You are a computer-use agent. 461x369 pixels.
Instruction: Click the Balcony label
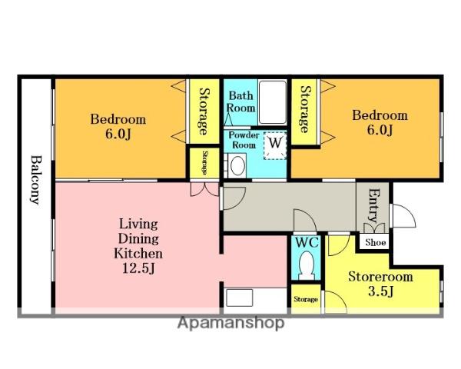[x=36, y=179]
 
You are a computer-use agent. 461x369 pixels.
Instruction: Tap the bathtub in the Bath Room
[x=273, y=101]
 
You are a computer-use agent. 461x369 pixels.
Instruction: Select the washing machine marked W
[x=275, y=145]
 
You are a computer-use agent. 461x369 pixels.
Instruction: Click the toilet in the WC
[x=307, y=265]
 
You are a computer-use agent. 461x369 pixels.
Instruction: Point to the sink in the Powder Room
[x=238, y=165]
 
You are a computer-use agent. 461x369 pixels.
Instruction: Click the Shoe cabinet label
[x=376, y=242]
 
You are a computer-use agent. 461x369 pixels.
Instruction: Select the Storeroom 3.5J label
[x=381, y=284]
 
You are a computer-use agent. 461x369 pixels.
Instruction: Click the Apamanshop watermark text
[x=230, y=323]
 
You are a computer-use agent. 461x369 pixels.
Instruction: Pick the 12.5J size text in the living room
[x=138, y=268]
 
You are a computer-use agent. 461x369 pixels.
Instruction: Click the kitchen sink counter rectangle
[x=240, y=298]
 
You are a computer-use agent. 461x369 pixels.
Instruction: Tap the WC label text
[x=307, y=242]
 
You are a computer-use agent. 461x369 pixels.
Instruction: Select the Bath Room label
[x=240, y=101]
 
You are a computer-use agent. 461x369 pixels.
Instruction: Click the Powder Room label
[x=244, y=140]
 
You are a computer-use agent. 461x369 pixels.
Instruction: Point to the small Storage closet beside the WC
[x=306, y=299]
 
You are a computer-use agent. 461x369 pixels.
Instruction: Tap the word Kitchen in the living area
[x=138, y=254]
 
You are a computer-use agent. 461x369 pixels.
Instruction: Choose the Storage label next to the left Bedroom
[x=204, y=111]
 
